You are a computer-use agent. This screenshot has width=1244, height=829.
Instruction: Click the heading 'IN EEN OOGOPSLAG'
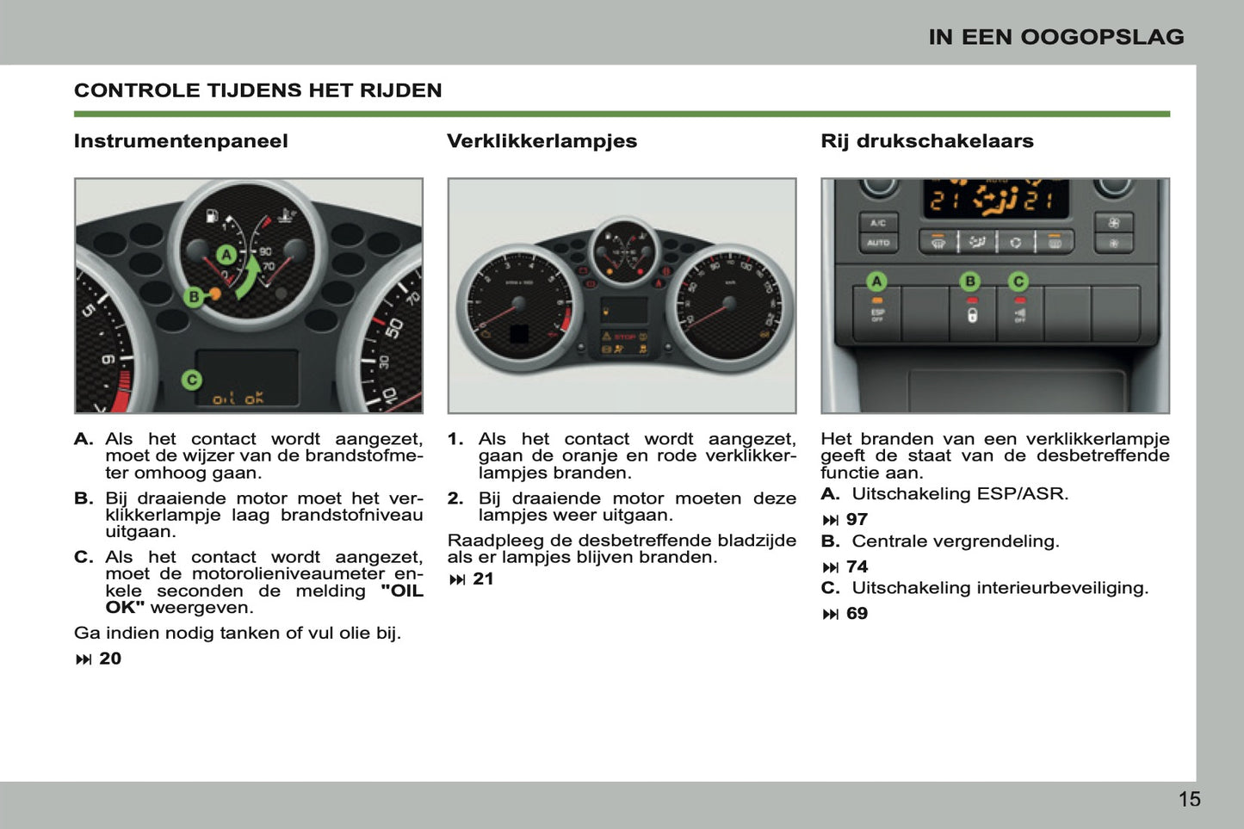[x=1055, y=37]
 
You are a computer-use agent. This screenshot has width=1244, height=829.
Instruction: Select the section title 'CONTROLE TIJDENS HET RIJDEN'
[x=257, y=90]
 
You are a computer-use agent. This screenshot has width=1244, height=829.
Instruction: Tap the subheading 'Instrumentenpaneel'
[x=181, y=141]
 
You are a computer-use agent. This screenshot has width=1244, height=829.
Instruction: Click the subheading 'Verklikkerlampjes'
[x=542, y=141]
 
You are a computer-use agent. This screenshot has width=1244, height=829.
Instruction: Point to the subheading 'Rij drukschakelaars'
[x=926, y=141]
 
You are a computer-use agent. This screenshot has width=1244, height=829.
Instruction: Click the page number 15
[x=1189, y=800]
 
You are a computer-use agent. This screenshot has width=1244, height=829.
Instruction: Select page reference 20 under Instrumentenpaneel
[x=109, y=659]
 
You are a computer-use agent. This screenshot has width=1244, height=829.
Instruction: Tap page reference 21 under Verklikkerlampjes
[x=483, y=579]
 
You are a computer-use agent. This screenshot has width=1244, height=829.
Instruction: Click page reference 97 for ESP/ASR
[x=857, y=520]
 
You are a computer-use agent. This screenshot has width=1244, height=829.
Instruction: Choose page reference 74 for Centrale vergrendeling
[x=857, y=567]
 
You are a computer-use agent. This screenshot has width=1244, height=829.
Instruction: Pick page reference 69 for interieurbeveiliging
[x=857, y=614]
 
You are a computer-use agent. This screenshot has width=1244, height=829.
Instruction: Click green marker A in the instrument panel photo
[x=226, y=255]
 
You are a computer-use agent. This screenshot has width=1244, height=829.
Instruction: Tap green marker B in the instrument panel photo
[x=195, y=297]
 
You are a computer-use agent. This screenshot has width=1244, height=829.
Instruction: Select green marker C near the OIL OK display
[x=192, y=380]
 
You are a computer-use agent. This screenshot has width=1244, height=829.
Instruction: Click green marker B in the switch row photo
[x=970, y=281]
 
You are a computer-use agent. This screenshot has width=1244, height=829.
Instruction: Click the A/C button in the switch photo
[x=877, y=223]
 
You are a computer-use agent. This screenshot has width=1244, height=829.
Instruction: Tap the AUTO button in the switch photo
[x=877, y=244]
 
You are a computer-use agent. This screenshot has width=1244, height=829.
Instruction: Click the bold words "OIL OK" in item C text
[x=401, y=591]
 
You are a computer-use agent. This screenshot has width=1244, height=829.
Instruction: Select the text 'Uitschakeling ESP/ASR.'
[x=960, y=494]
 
